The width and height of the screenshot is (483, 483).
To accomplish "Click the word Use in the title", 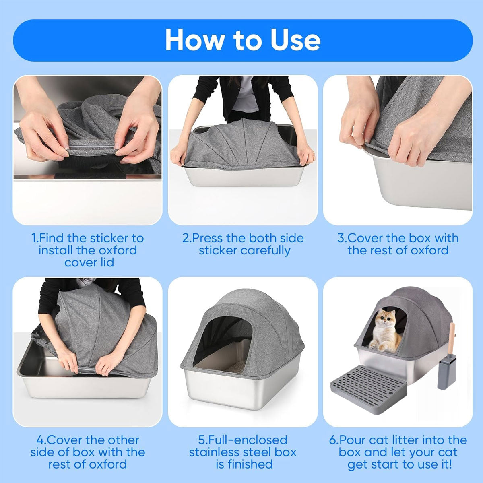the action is [295, 40].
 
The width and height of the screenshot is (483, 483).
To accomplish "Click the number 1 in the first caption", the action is [34, 238].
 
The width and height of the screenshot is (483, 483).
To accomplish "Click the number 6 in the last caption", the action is [332, 440].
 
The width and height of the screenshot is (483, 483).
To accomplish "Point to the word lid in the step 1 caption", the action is [107, 262].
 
